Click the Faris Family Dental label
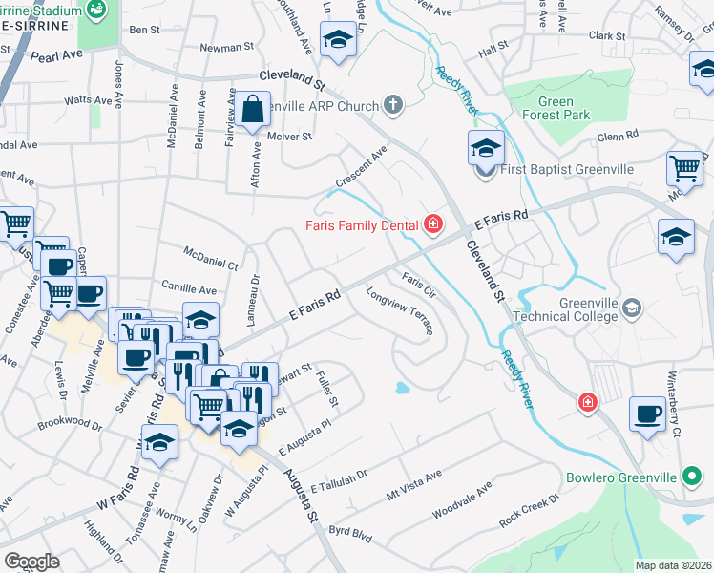point(362,226)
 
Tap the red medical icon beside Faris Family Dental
point(432,225)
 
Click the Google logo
point(31,562)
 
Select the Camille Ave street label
point(189,288)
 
